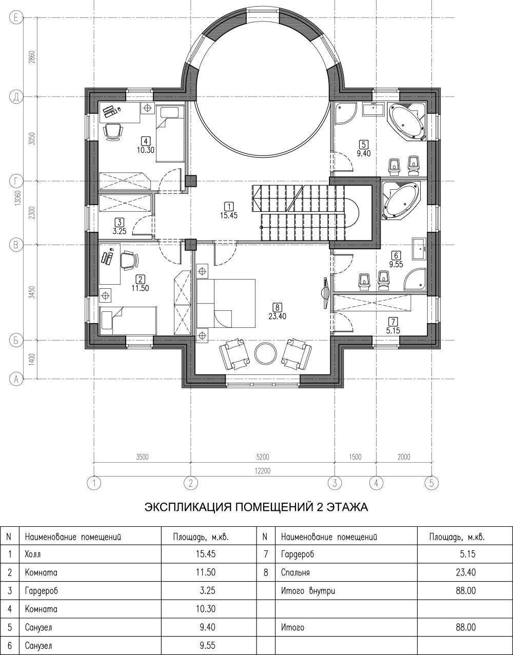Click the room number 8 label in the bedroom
(277, 307)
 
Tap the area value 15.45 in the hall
(229, 215)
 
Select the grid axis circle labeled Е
(16, 18)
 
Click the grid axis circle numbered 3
(334, 483)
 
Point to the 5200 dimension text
(263, 457)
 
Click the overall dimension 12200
(263, 470)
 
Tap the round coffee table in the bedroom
(266, 354)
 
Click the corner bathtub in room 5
(407, 121)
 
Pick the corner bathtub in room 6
(401, 200)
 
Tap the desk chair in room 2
(130, 260)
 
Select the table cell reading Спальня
(295, 572)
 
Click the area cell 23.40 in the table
(466, 572)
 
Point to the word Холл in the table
(32, 554)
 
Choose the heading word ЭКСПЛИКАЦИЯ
(188, 507)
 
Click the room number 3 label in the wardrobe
(120, 223)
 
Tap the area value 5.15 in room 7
(393, 330)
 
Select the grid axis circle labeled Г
(16, 181)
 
